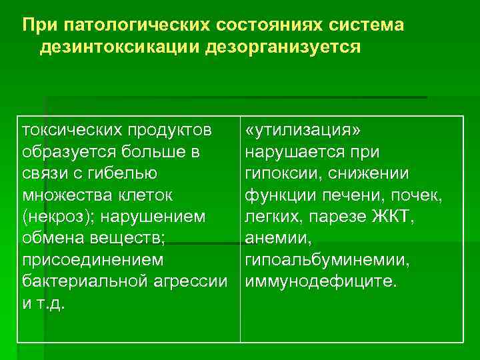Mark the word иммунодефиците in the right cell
pos(319,281)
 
